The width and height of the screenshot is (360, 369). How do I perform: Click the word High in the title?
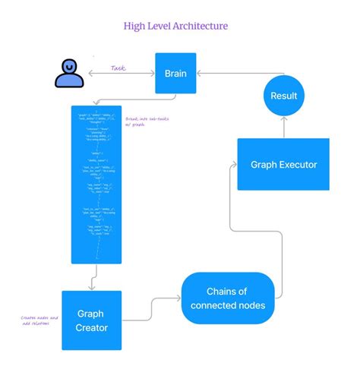tap(137, 27)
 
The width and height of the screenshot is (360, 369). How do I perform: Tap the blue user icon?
tap(69, 74)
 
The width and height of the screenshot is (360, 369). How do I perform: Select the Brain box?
tap(175, 74)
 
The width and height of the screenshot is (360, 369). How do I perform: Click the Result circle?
tap(284, 96)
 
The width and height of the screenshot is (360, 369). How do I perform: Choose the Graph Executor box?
tap(283, 164)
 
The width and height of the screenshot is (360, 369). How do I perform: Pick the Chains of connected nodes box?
tap(228, 298)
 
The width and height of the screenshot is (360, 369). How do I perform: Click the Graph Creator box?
tap(91, 319)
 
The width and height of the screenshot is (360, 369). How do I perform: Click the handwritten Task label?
tap(118, 68)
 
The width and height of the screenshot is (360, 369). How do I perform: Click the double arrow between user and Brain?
tap(122, 74)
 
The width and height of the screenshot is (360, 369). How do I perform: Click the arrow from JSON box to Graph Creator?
tap(91, 282)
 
